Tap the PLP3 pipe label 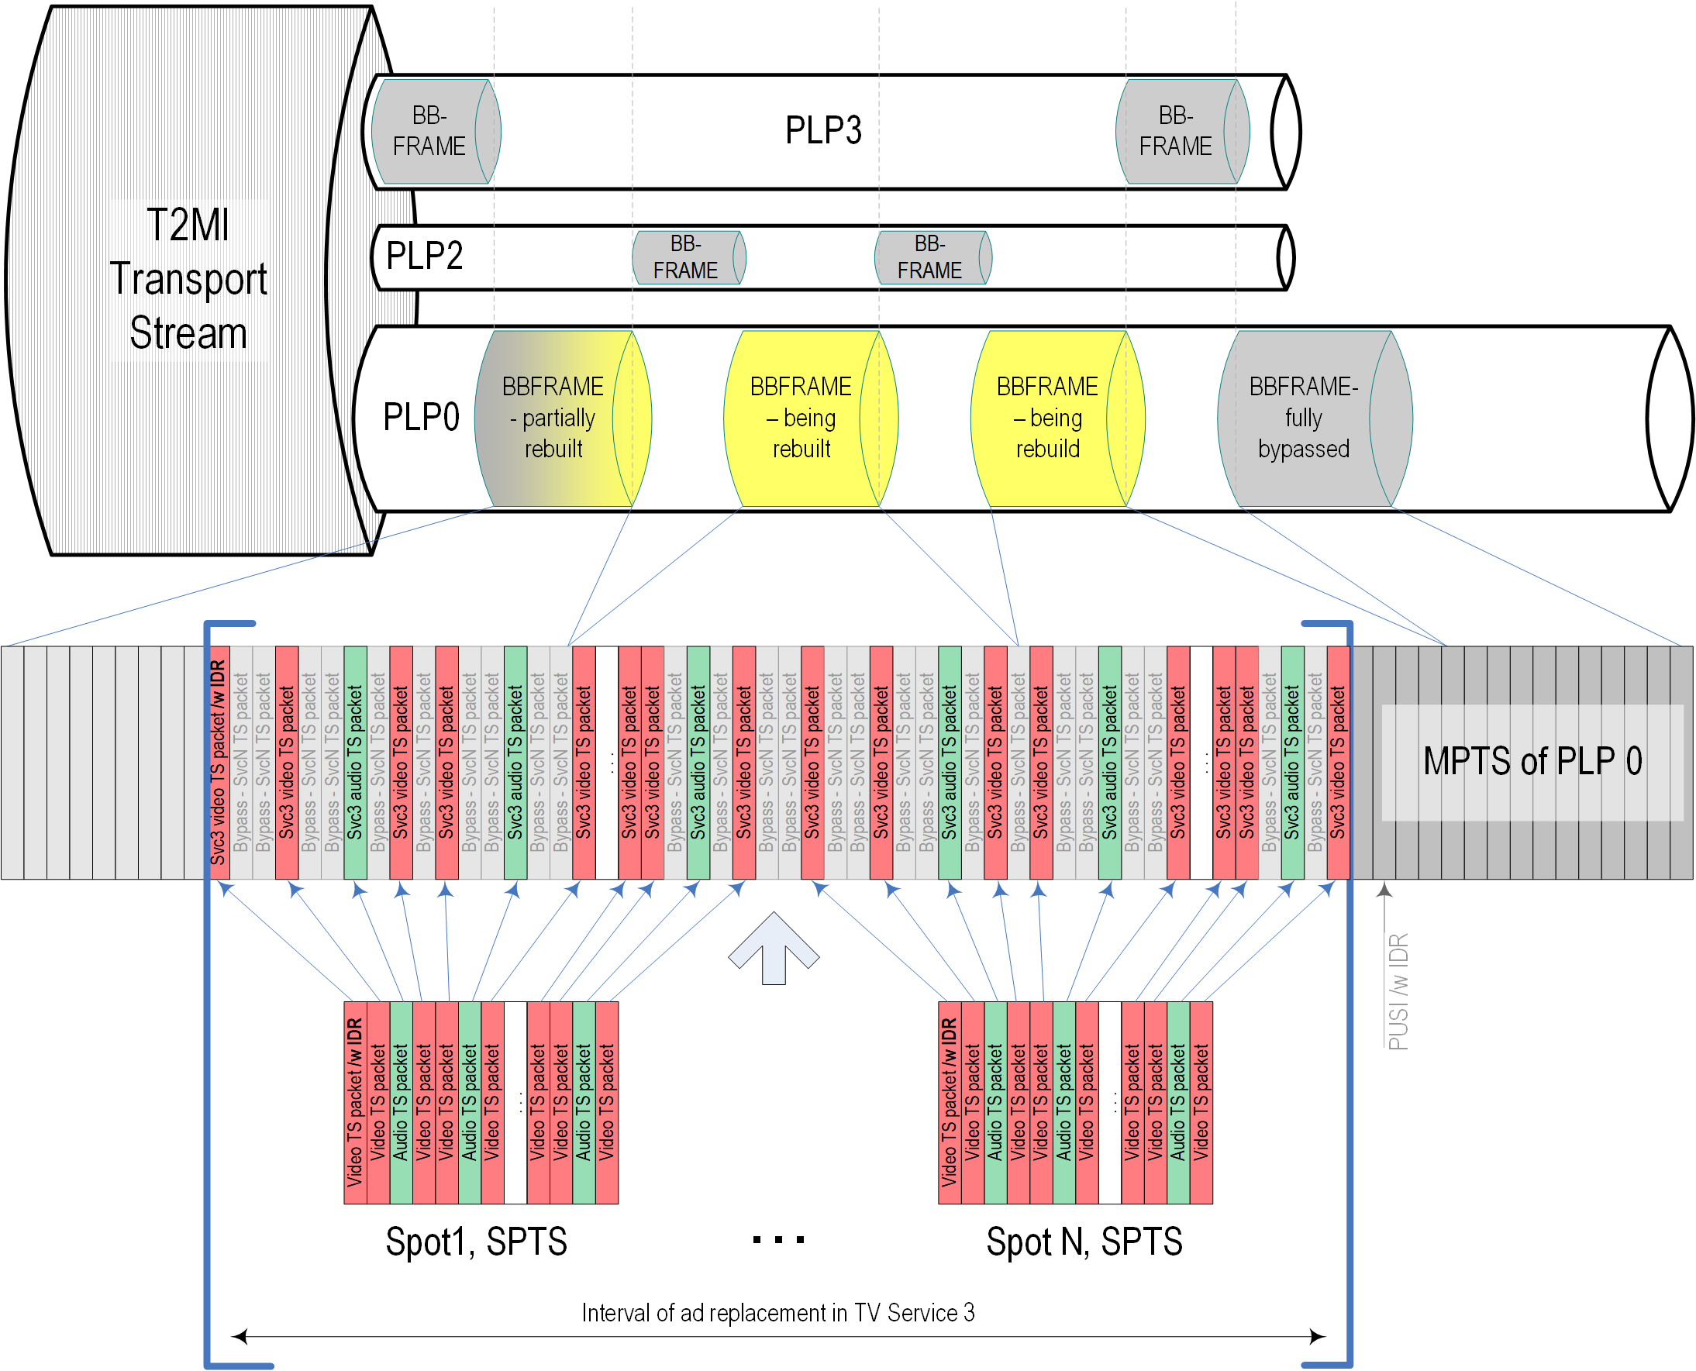click(x=822, y=130)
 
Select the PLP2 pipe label click(x=424, y=256)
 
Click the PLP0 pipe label click(x=420, y=417)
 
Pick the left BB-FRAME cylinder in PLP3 click(x=430, y=131)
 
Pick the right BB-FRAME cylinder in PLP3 click(x=1177, y=131)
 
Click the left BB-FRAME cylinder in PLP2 click(x=686, y=257)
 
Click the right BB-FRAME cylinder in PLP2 click(x=929, y=257)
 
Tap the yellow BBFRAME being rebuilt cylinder click(x=801, y=418)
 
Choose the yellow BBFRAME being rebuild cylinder click(x=1048, y=418)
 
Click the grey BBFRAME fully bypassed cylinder click(x=1305, y=418)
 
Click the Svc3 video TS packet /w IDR click(x=219, y=762)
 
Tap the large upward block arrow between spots click(x=774, y=947)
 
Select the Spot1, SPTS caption click(x=477, y=1242)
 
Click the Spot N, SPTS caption click(x=1084, y=1242)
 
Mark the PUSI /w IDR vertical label click(x=1398, y=991)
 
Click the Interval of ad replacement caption click(x=777, y=1313)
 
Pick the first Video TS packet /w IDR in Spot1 click(x=355, y=1103)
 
